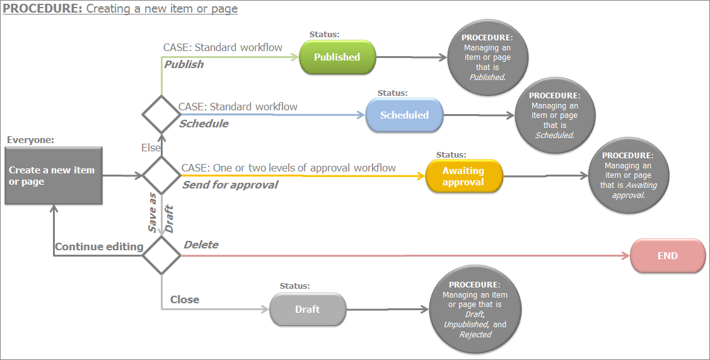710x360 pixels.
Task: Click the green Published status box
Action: point(337,57)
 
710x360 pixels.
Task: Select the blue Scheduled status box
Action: point(404,115)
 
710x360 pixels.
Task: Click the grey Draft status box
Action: point(308,310)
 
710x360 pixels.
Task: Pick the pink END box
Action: point(667,256)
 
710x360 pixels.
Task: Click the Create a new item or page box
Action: point(53,176)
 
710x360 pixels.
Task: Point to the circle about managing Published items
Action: point(487,57)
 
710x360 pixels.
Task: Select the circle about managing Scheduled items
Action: point(555,116)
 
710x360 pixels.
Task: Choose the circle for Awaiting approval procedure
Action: point(628,176)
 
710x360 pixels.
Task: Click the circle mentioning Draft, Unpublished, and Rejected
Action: point(475,310)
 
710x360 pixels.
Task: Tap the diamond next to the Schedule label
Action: point(161,115)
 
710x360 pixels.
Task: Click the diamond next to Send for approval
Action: point(161,175)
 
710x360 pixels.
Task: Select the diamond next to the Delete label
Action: point(161,255)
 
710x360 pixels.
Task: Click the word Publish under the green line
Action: point(184,64)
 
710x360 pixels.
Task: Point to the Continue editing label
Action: point(99,247)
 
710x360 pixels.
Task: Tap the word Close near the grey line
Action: point(185,299)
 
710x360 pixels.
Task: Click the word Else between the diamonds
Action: point(151,147)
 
